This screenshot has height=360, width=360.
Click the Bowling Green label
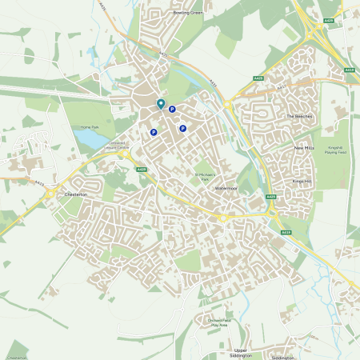[x=188, y=13]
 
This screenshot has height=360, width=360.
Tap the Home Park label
[x=89, y=127]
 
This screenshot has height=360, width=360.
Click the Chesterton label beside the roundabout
[x=75, y=194]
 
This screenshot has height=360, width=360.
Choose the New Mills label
[x=305, y=148]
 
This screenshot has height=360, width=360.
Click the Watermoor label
[x=226, y=188]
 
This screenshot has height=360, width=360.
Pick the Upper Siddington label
[x=241, y=353]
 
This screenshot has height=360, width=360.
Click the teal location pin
[x=161, y=103]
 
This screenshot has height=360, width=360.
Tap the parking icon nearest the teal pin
[x=172, y=110]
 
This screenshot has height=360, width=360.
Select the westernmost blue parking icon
[x=154, y=133]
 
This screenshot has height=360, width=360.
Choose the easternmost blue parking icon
[x=182, y=128]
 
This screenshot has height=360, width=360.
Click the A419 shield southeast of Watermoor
[x=286, y=231]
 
